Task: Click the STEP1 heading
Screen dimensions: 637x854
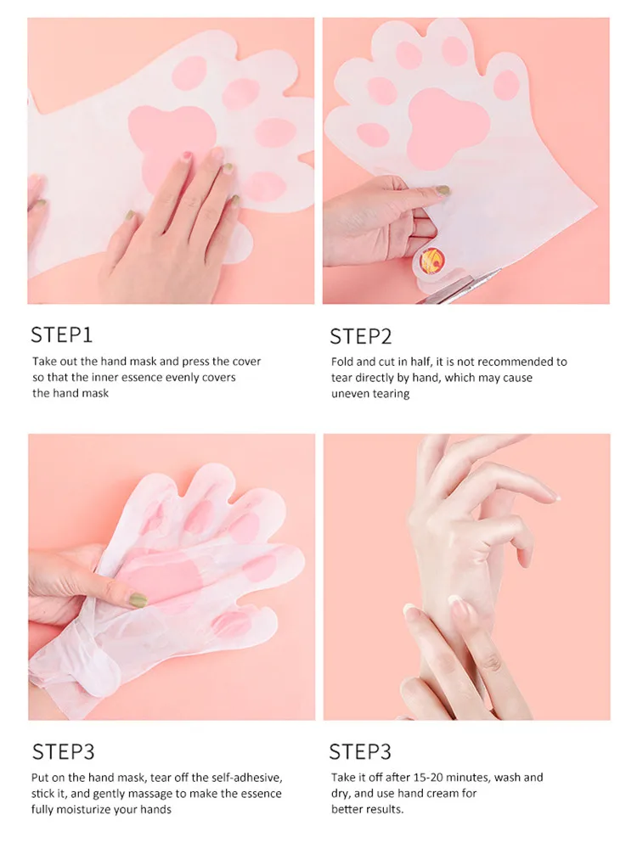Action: (x=61, y=334)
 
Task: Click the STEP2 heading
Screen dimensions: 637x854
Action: (x=361, y=336)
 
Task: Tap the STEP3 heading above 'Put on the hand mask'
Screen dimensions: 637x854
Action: (x=63, y=752)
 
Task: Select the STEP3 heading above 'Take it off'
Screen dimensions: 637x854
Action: (x=360, y=752)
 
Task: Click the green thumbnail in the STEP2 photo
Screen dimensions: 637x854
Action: (x=443, y=191)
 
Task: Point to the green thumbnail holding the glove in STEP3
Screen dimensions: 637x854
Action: (x=138, y=600)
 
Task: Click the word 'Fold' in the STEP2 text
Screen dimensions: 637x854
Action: (x=342, y=362)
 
